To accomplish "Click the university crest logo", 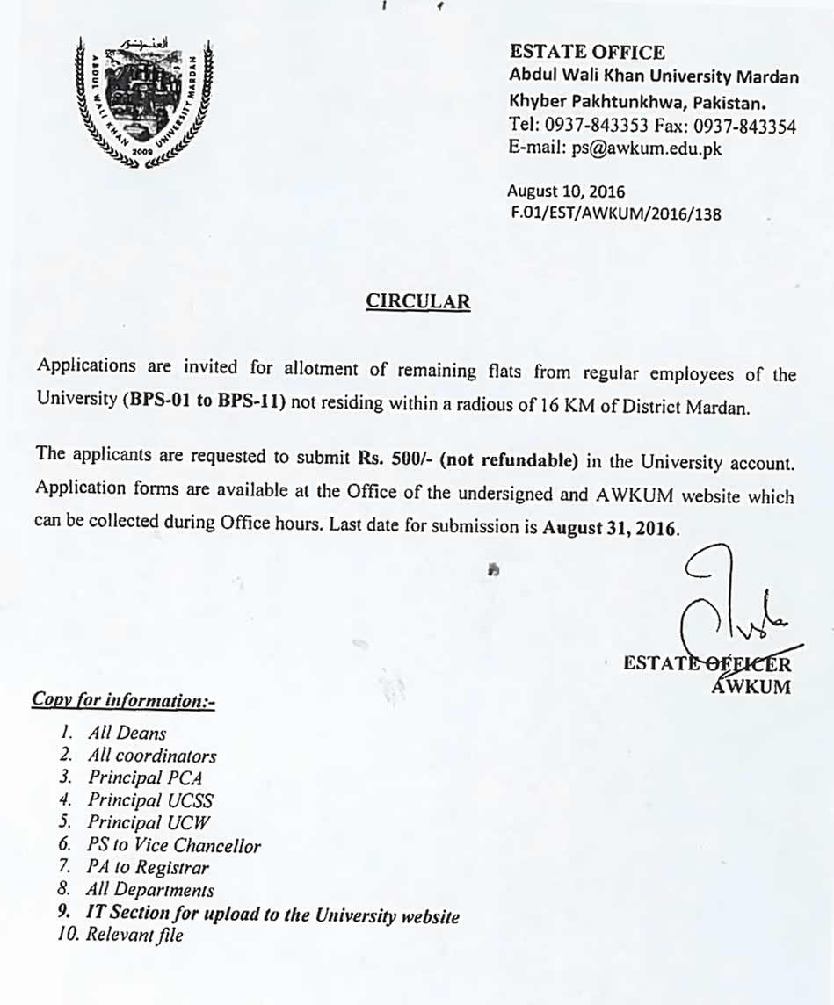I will click(143, 103).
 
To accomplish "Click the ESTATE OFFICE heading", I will click(587, 53).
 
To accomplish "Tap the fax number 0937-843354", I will click(746, 127).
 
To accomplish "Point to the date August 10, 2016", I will click(566, 191).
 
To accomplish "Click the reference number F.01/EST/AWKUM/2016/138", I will click(615, 212).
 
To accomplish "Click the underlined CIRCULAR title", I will click(417, 302).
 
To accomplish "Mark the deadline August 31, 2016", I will click(611, 529).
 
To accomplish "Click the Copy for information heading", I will click(123, 700).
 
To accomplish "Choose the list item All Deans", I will click(127, 733).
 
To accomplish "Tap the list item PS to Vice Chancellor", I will click(173, 846).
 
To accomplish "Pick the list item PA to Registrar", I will click(148, 868).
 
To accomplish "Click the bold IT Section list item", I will click(272, 915).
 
